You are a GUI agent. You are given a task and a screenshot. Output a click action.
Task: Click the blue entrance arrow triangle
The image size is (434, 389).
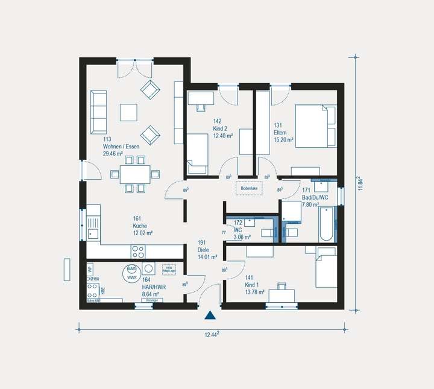coord(210,314)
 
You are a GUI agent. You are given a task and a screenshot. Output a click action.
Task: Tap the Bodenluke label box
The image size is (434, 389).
coord(249,188)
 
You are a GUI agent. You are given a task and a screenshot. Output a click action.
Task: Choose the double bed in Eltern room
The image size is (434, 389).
coord(315,125)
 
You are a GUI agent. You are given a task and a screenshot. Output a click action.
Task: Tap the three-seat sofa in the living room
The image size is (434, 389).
coord(98,112)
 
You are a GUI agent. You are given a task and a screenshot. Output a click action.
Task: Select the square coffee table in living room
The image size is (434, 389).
coord(128,112)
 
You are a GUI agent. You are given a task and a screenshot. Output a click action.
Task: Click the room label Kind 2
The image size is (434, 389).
coord(220,128)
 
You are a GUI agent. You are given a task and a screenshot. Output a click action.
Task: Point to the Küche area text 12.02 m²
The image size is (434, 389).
coord(142,233)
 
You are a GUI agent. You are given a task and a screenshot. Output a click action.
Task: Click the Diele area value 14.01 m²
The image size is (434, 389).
coord(207,257)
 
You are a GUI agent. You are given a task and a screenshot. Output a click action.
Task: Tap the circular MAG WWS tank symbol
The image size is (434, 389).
coord(131,273)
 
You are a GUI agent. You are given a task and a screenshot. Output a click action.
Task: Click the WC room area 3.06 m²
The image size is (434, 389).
coord(242,238)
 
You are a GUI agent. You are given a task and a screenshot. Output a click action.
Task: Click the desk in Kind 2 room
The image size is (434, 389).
coord(201,98)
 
